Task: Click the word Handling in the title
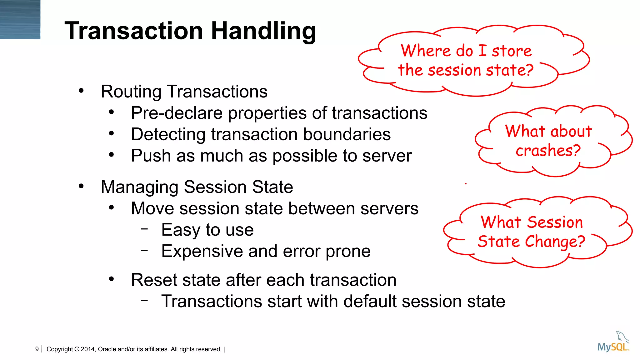pyautogui.click(x=263, y=31)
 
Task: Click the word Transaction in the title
pyautogui.click(x=134, y=31)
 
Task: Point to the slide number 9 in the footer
pyautogui.click(x=37, y=349)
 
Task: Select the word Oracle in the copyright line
pyautogui.click(x=107, y=349)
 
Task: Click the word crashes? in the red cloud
pyautogui.click(x=548, y=151)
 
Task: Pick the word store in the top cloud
pyautogui.click(x=512, y=51)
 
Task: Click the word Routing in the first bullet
pyautogui.click(x=131, y=92)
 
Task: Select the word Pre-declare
pyautogui.click(x=177, y=113)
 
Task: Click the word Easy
pyautogui.click(x=180, y=230)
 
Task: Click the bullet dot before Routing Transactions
pyautogui.click(x=81, y=91)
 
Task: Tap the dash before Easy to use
pyautogui.click(x=144, y=229)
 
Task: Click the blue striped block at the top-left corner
pyautogui.click(x=20, y=19)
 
